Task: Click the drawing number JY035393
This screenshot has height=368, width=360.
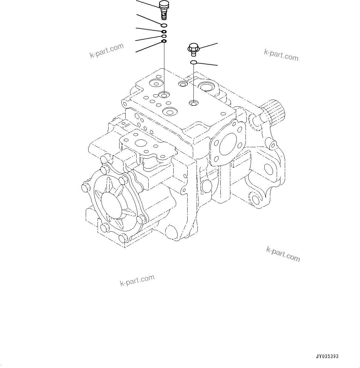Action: pyautogui.click(x=327, y=357)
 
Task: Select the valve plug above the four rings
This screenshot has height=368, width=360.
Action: pyautogui.click(x=163, y=10)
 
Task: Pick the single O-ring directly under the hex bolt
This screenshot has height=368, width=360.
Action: pyautogui.click(x=193, y=63)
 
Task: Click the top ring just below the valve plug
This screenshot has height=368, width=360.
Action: pyautogui.click(x=164, y=25)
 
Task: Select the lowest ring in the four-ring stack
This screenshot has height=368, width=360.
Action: pyautogui.click(x=164, y=41)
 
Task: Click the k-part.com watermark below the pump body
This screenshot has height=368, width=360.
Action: pyautogui.click(x=137, y=280)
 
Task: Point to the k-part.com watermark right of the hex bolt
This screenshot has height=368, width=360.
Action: pyautogui.click(x=281, y=55)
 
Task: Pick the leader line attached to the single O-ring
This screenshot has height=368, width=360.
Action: pyautogui.click(x=207, y=64)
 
